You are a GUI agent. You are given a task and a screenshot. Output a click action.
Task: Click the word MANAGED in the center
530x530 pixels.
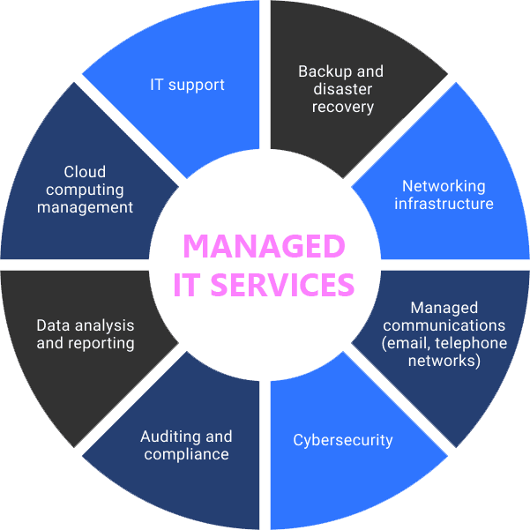[x=264, y=247]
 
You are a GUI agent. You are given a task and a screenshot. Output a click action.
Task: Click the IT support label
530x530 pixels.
[x=186, y=86]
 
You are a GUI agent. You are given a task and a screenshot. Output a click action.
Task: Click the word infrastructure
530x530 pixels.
[x=444, y=204]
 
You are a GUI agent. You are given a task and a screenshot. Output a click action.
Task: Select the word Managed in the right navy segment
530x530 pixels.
[x=444, y=308]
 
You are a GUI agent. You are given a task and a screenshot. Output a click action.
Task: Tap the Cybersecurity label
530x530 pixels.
[x=343, y=440]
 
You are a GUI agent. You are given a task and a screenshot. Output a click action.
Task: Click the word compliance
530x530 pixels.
[x=186, y=454]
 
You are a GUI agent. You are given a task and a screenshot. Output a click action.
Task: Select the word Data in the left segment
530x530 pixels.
[x=53, y=325]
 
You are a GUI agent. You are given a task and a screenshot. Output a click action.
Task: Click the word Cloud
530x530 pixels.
[x=85, y=172]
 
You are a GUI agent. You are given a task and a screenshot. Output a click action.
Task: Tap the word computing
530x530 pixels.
[x=85, y=190]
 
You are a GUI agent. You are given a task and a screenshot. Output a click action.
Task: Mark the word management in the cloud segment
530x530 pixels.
[x=85, y=207]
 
